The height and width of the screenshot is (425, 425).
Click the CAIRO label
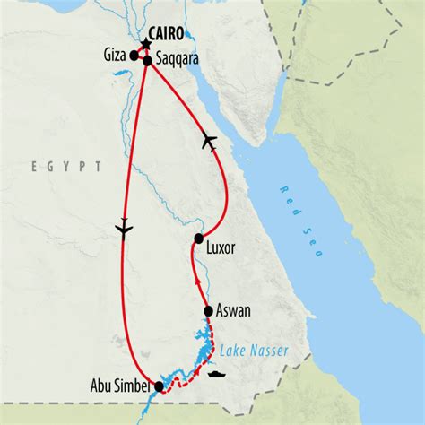168,35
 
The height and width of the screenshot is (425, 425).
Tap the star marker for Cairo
145,43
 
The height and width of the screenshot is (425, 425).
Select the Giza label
117,55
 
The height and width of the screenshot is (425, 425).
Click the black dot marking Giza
134,56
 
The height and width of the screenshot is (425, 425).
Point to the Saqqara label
176,59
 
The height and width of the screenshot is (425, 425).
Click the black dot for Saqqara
146,61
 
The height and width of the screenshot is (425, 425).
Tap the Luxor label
220,248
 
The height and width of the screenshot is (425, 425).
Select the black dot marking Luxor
198,239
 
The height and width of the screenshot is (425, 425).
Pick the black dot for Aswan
208,311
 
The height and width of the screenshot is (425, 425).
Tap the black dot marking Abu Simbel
160,387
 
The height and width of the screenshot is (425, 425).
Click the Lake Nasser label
254,351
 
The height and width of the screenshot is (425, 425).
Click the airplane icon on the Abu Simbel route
124,230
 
